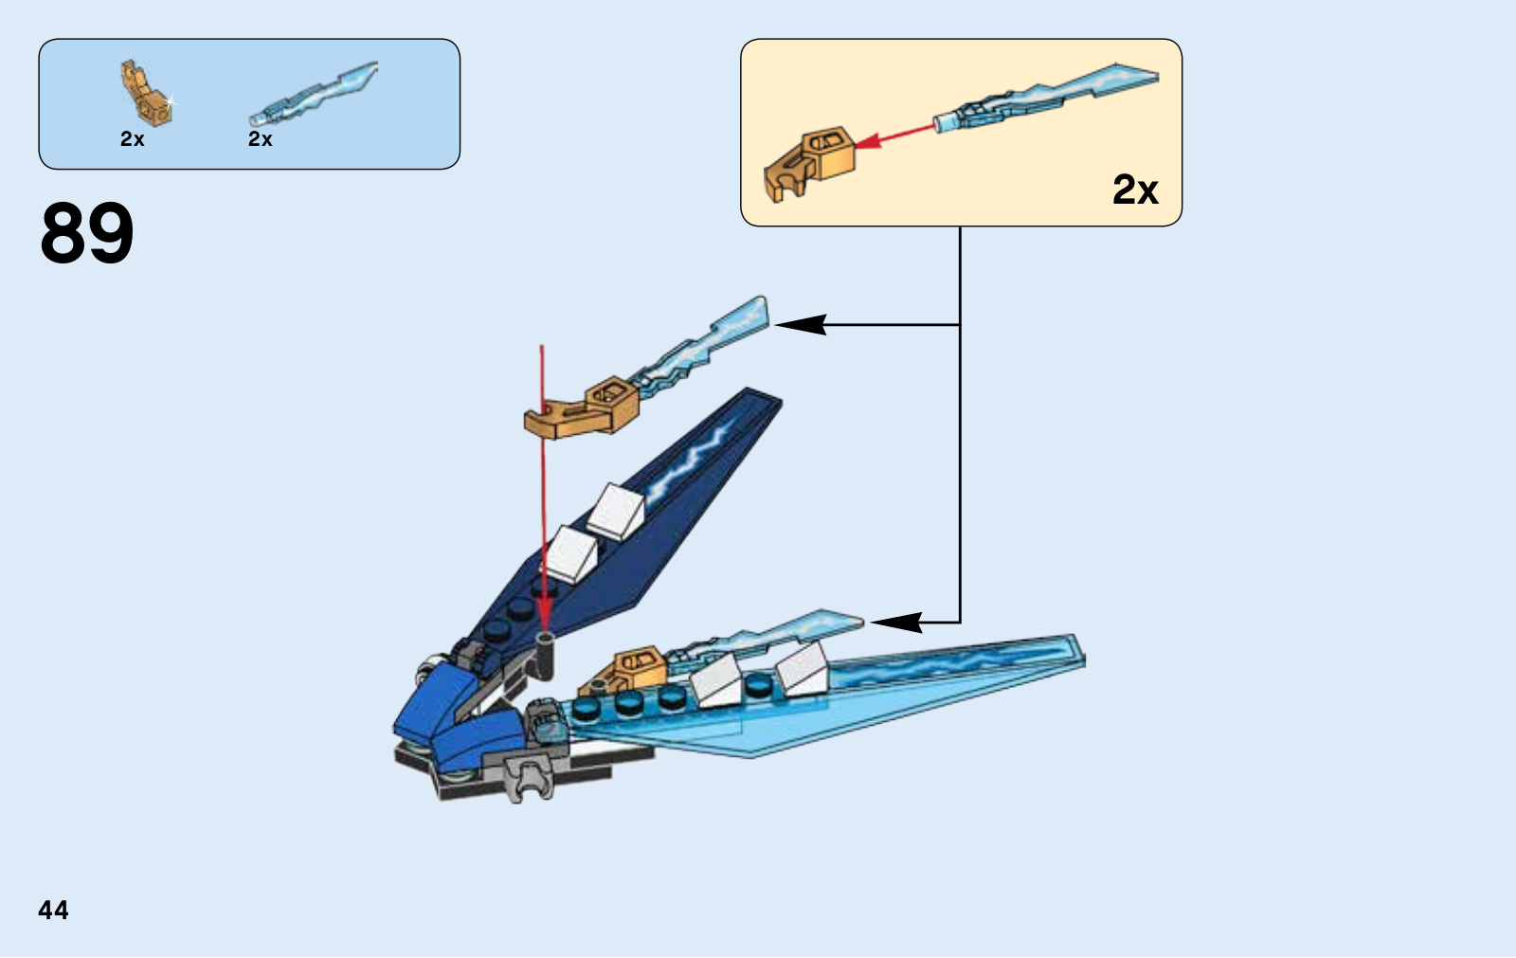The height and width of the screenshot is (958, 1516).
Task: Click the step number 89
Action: coord(87,233)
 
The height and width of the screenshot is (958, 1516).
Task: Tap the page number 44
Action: coord(53,911)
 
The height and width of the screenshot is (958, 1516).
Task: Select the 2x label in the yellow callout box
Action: coord(1135,190)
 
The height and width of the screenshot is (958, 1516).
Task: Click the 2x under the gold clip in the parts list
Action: coord(133,139)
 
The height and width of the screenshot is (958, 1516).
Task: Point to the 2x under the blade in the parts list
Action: coord(261,139)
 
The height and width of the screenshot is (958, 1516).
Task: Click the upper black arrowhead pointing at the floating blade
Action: coord(801,325)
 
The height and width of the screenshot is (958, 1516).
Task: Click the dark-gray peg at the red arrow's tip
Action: coord(546,652)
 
